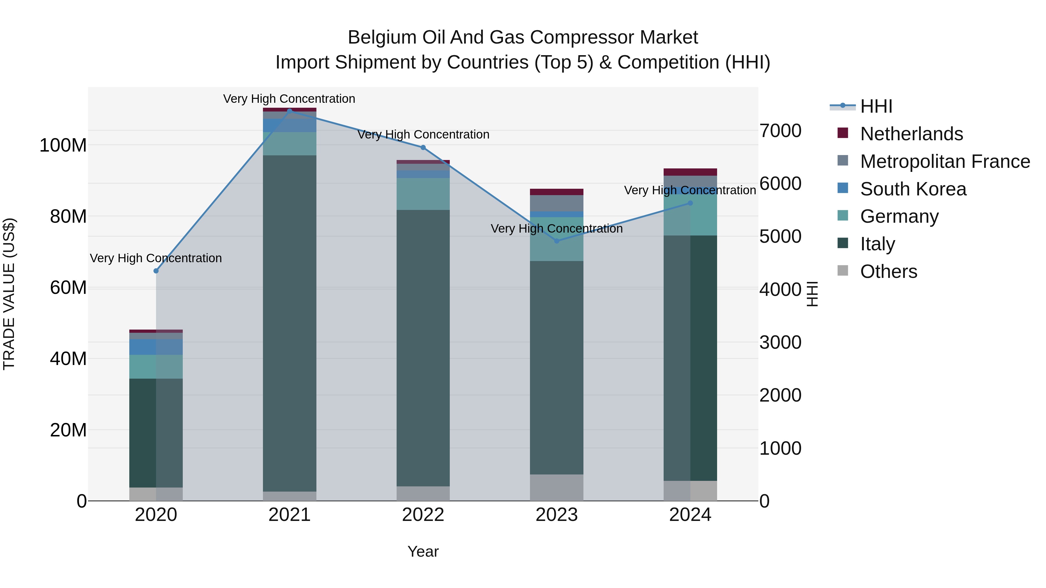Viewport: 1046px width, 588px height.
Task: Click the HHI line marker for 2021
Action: (x=289, y=110)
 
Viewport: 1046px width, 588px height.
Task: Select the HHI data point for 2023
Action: (x=557, y=241)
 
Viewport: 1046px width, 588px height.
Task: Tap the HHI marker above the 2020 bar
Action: (x=156, y=271)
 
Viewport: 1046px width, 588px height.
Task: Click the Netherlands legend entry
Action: (x=911, y=134)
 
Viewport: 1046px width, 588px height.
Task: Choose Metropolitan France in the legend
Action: (x=945, y=161)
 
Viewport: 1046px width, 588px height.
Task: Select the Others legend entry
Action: (x=889, y=271)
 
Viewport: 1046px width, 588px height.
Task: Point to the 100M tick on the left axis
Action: (x=63, y=145)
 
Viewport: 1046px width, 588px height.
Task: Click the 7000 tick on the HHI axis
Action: (x=780, y=131)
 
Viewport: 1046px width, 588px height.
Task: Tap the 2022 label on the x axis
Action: (x=423, y=515)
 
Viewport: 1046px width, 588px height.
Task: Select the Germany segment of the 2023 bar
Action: (x=557, y=240)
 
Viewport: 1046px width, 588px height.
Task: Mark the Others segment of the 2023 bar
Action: (x=557, y=487)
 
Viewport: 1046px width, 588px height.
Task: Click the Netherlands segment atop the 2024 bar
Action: (x=690, y=172)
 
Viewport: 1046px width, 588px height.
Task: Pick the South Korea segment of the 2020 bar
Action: (x=156, y=347)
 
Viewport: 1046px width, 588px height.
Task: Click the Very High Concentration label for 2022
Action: (x=423, y=135)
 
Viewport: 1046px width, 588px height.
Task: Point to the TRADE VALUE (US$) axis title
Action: (x=9, y=294)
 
